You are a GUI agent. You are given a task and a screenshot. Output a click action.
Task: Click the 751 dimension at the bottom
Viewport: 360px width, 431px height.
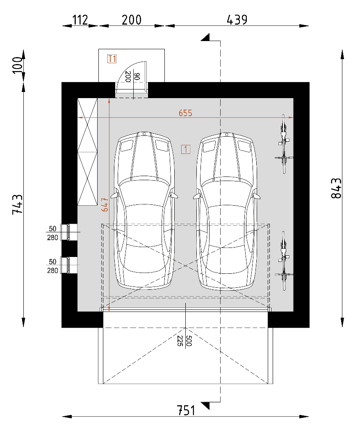tap(186, 410)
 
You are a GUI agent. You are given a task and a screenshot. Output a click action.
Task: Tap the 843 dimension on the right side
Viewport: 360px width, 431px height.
tap(336, 188)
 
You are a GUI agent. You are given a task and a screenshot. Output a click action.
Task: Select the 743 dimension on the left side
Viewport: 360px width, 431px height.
tap(17, 204)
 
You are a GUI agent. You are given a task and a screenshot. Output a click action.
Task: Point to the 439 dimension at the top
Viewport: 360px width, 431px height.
tap(237, 20)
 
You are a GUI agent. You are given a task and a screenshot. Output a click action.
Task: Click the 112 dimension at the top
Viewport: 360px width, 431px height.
tap(80, 20)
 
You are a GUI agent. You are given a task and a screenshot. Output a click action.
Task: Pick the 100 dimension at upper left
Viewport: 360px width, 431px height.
tap(17, 65)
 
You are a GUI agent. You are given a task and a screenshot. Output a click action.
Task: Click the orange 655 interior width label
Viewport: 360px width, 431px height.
tap(185, 113)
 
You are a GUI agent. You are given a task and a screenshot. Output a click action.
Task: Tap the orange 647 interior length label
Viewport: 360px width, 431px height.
tap(105, 205)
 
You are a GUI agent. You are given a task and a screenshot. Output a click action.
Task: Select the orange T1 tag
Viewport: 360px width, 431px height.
tap(112, 59)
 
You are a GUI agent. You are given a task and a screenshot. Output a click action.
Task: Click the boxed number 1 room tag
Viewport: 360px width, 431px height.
tap(186, 149)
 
